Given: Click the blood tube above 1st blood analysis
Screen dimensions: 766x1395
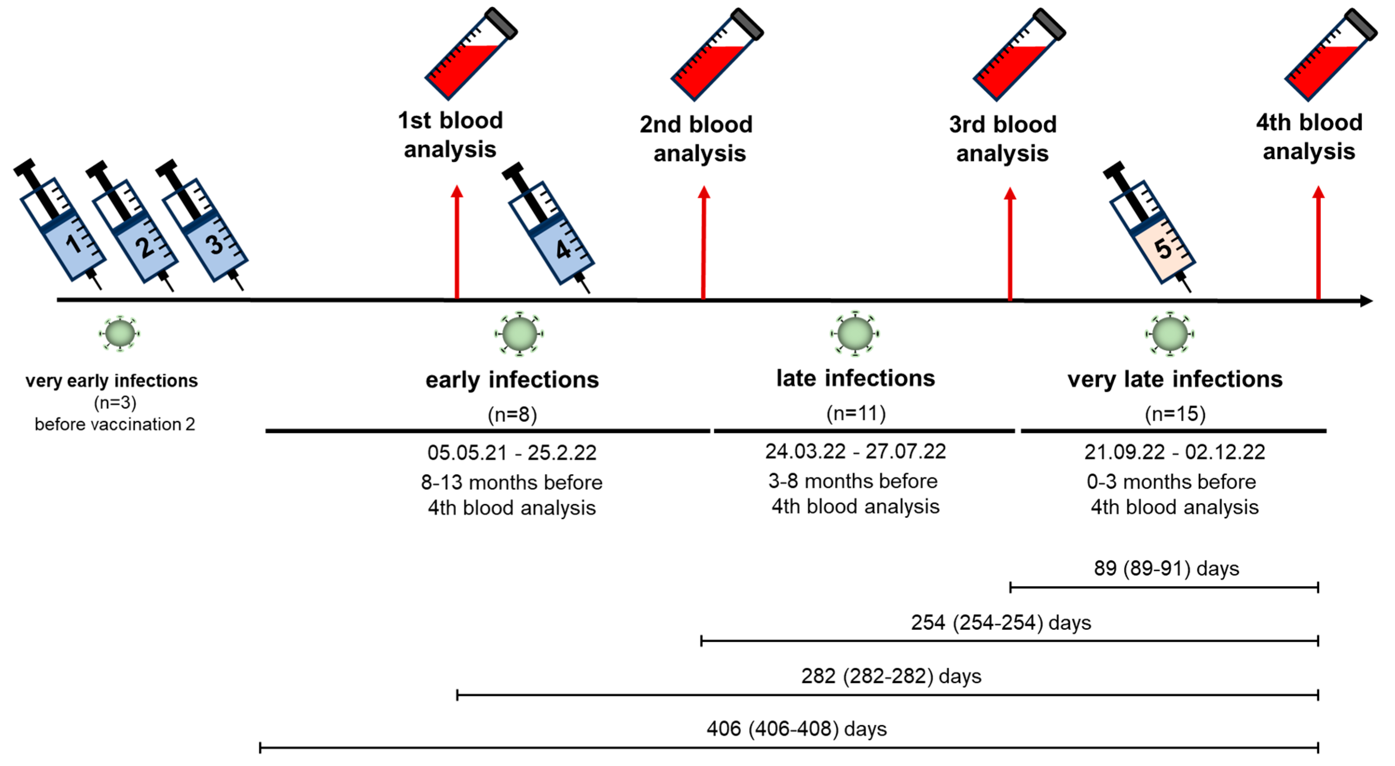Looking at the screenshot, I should pos(470,54).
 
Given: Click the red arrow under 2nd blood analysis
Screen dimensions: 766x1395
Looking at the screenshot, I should pos(704,244).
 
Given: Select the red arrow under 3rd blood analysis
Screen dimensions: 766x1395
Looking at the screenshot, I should pos(1010,244).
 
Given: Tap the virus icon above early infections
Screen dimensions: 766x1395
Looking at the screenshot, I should pos(519,334).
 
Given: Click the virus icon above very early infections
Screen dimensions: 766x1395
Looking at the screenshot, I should pos(120,334).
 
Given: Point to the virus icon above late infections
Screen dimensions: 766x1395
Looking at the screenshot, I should pos(854,334).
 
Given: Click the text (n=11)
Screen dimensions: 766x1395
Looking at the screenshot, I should pos(856,413).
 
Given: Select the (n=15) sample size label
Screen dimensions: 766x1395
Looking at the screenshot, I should pos(1174,414).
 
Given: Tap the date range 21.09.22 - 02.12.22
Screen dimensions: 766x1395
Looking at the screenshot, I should pos(1174,452).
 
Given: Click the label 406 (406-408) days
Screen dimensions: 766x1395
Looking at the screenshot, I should pos(796,729).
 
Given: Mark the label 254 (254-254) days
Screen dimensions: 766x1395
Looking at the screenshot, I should pos(1000,622).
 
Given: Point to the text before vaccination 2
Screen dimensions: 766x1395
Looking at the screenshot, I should pos(115,424).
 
